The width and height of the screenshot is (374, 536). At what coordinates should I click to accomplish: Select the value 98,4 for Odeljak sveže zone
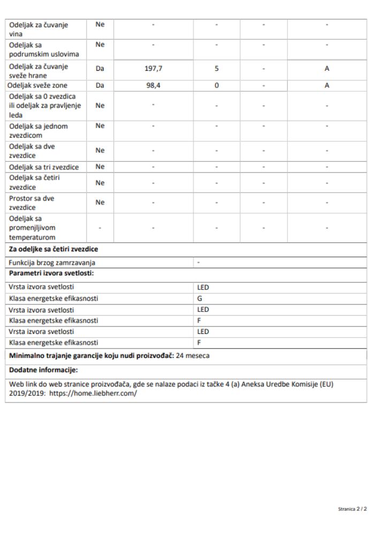[x=154, y=85]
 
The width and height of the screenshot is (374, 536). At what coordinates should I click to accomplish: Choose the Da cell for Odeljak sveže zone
[x=100, y=85]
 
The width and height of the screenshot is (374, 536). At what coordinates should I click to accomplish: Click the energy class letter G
[x=200, y=299]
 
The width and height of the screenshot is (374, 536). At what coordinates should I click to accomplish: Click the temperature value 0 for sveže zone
[x=217, y=85]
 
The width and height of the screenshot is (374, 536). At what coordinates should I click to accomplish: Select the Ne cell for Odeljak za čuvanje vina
[x=100, y=25]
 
